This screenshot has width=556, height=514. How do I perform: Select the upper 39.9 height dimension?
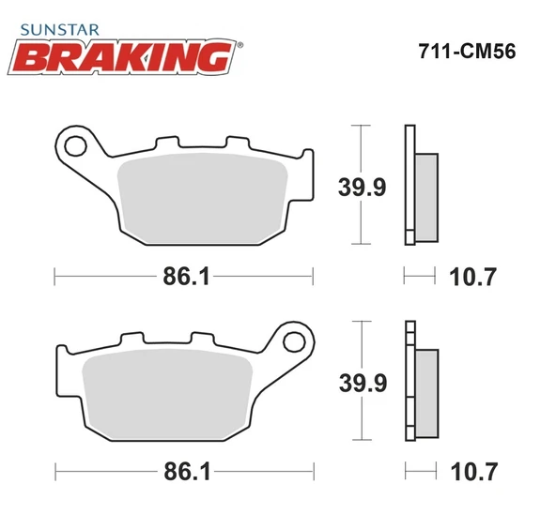click(361, 188)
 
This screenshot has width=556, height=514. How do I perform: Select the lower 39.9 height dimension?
click(361, 383)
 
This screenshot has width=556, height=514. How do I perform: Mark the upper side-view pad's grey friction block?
click(425, 193)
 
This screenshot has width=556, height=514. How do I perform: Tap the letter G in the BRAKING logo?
click(214, 58)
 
